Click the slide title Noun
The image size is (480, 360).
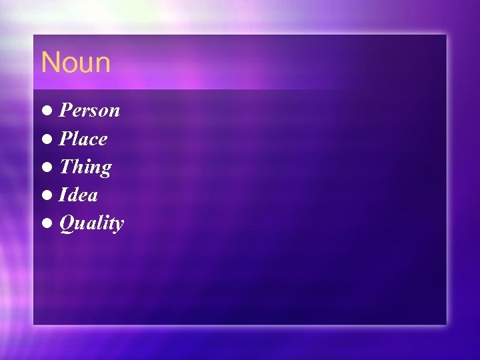75,63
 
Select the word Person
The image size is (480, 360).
90,110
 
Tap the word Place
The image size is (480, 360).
83,139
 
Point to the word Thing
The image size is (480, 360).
85,167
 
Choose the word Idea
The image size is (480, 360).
79,195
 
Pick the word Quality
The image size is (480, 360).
91,224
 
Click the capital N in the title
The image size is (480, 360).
50,63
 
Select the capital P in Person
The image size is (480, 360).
66,110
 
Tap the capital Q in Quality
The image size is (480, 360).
67,224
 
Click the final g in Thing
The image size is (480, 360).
105,169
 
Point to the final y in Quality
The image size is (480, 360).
119,226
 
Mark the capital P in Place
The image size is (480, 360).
66,139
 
